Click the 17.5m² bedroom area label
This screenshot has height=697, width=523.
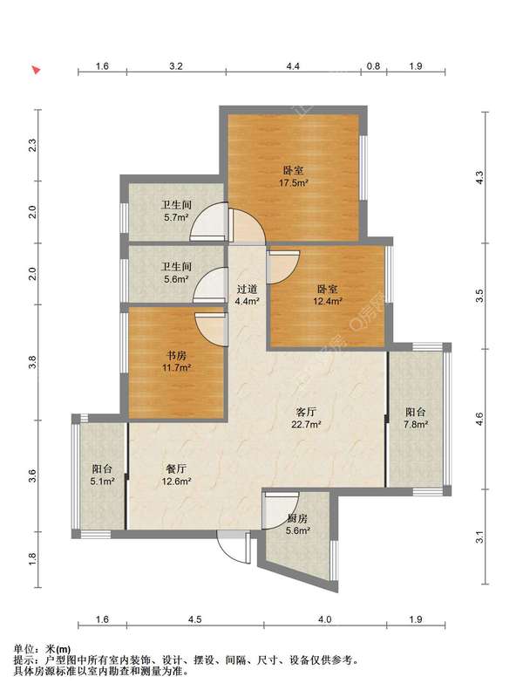[x=293, y=182]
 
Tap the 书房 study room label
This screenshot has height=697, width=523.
[x=176, y=356]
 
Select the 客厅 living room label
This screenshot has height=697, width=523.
[x=306, y=412]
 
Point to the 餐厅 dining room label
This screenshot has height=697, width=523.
[x=176, y=469]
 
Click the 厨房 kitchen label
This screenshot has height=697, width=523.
[x=297, y=518]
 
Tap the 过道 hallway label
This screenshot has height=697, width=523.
[x=247, y=290]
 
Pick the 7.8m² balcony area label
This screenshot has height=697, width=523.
[x=416, y=425]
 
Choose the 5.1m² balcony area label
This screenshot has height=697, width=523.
[x=103, y=481]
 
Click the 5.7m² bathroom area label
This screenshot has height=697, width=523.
[x=176, y=217]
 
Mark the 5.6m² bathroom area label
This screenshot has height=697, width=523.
[x=176, y=279]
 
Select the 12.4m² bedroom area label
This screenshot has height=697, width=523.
[x=328, y=301]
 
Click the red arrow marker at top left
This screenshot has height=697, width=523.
[x=37, y=71]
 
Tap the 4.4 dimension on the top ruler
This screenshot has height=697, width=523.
[x=293, y=66]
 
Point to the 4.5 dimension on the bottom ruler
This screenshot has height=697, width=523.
[x=194, y=619]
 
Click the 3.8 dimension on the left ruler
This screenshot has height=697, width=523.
[x=32, y=362]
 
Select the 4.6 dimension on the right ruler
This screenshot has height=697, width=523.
[x=479, y=420]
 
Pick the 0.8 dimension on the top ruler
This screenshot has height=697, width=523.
[x=374, y=66]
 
